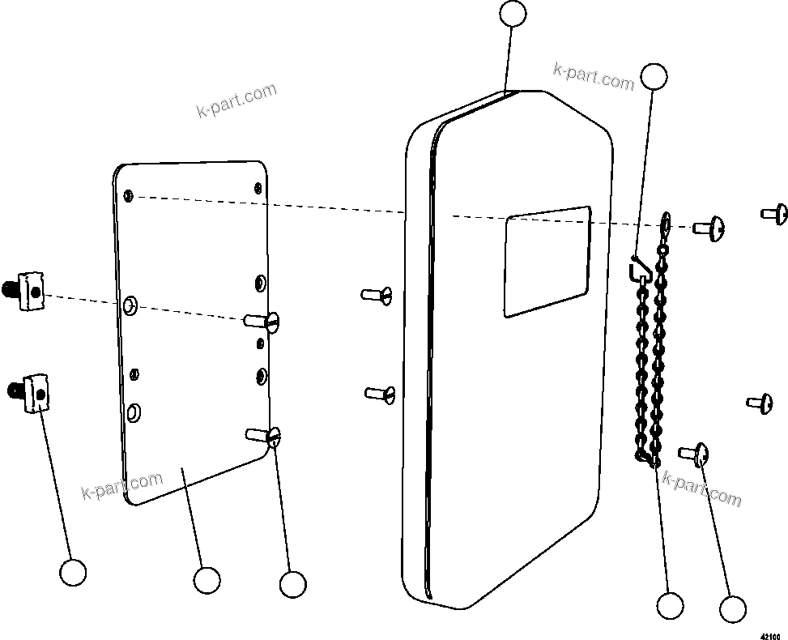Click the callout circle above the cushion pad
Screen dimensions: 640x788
[513, 14]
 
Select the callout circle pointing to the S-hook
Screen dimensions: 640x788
[654, 76]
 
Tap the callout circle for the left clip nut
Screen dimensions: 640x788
[73, 572]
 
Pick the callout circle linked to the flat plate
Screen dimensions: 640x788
[207, 580]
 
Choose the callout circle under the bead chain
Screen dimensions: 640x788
[670, 605]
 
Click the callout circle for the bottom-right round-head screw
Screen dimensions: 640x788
[732, 610]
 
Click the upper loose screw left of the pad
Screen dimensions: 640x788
[377, 294]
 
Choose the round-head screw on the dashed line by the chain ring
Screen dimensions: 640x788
[709, 228]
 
